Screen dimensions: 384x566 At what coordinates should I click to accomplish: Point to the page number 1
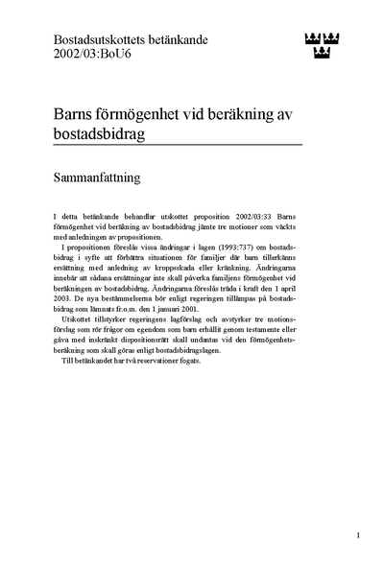click(x=357, y=535)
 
